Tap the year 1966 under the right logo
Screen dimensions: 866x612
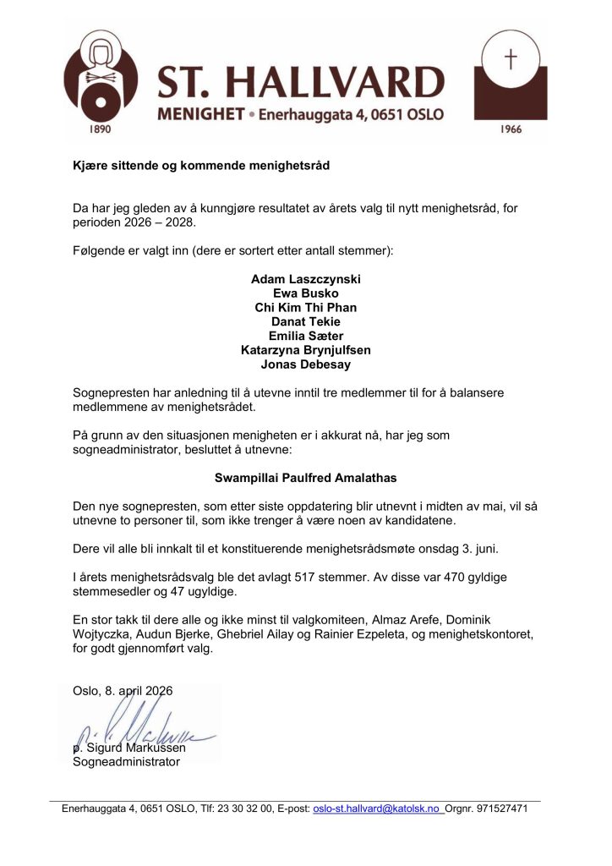510,129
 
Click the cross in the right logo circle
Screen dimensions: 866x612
510,59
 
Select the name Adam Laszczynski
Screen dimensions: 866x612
305,278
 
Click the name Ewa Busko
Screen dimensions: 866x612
305,293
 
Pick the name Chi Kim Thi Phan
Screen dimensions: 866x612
305,307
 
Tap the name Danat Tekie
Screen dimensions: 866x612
305,321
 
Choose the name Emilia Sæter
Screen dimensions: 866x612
305,336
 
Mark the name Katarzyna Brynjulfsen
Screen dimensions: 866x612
305,350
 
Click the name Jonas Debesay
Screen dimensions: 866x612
305,364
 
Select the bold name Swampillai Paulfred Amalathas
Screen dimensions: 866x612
305,477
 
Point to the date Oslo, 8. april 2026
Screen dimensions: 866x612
123,691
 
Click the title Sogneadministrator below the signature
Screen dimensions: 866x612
127,762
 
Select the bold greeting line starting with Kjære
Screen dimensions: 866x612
201,166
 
